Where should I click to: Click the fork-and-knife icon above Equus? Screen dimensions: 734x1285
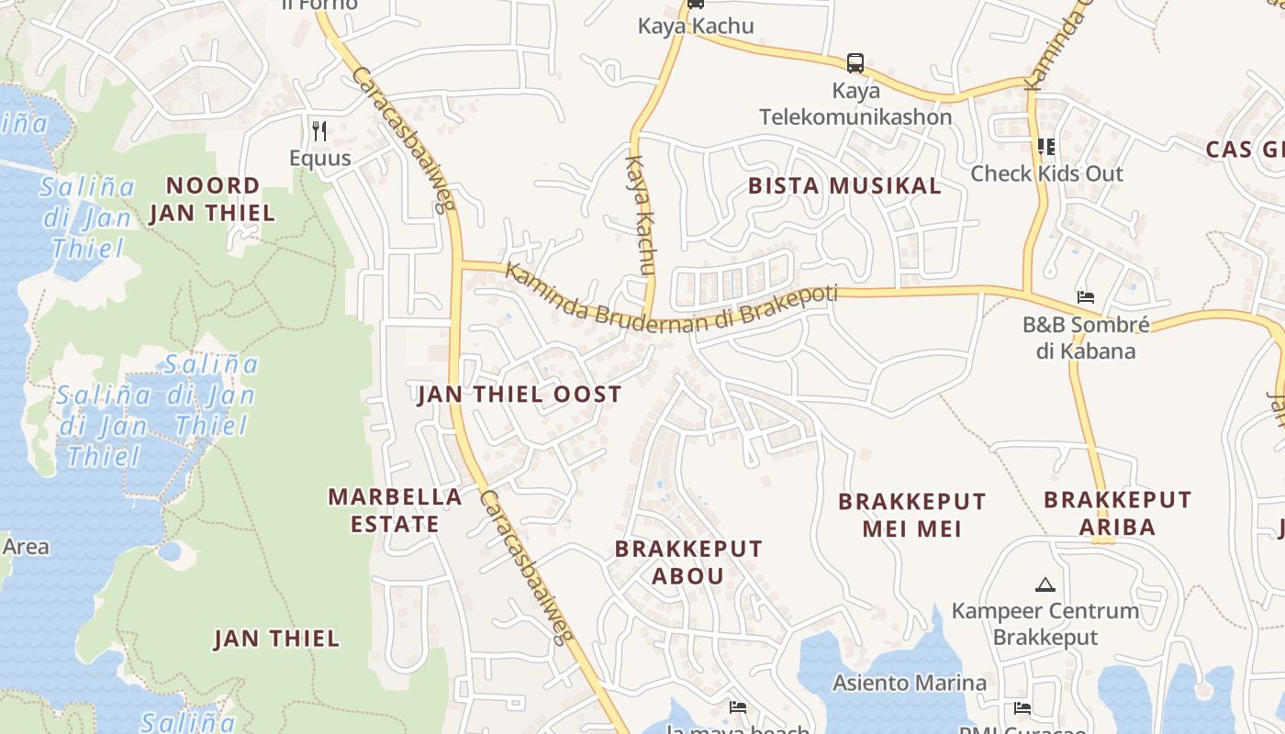[319, 131]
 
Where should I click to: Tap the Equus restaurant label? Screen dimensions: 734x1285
[320, 158]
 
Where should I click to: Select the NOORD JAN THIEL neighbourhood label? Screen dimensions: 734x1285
[212, 199]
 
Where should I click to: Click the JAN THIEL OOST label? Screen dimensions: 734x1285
[520, 395]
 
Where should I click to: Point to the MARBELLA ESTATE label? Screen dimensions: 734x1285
[396, 510]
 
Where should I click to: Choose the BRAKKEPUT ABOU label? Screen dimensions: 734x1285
[688, 562]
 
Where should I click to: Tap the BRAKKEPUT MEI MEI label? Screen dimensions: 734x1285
[912, 515]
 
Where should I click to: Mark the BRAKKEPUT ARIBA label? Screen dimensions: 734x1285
[1118, 513]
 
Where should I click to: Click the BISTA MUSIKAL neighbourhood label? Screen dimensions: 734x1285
[844, 185]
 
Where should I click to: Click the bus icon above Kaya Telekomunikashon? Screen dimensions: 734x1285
[855, 63]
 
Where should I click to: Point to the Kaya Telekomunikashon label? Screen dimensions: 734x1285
[855, 104]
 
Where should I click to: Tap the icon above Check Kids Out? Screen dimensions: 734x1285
[1046, 147]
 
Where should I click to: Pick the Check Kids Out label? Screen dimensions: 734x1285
[1046, 173]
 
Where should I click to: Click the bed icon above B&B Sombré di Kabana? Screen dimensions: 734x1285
[1086, 297]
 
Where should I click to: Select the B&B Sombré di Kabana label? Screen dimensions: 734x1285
[1086, 338]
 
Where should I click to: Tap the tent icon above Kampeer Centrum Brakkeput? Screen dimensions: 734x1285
[1045, 584]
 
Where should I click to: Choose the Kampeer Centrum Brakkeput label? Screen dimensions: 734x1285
[1045, 624]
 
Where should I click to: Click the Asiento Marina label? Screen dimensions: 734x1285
[910, 683]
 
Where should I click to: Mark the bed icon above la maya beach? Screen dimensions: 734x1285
[738, 706]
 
